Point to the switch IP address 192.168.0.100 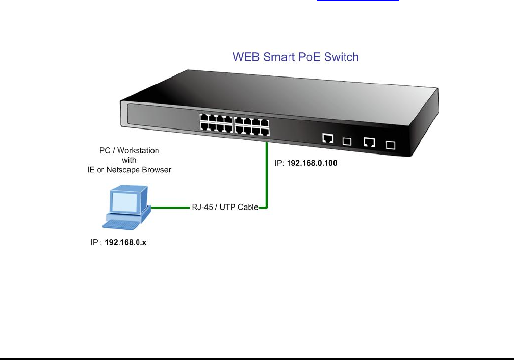point(312,164)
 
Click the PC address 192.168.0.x point(125,243)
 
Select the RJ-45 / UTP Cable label point(225,208)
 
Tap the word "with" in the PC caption point(128,160)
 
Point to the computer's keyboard point(122,224)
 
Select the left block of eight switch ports point(216,124)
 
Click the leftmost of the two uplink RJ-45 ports point(328,138)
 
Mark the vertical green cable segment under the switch point(266,173)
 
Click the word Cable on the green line point(247,208)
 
